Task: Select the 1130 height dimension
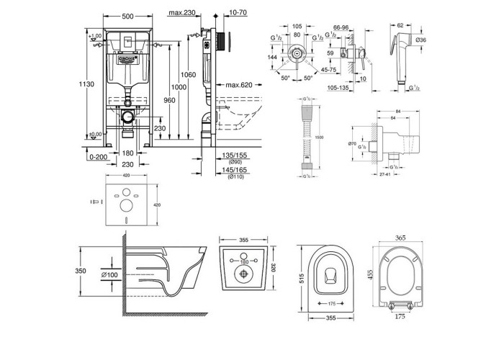pyautogui.click(x=86, y=84)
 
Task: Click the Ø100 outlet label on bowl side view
pyautogui.click(x=110, y=274)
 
